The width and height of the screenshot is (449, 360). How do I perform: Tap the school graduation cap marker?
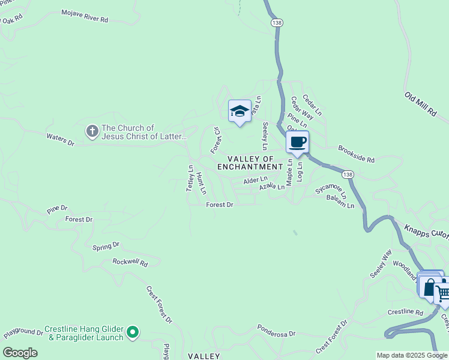point(240,111)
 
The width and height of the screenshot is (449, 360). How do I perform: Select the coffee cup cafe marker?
point(297,143)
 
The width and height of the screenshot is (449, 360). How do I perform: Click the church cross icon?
point(92,131)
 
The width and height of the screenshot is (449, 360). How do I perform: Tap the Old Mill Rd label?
point(420,104)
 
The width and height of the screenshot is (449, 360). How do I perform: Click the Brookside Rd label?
point(356,154)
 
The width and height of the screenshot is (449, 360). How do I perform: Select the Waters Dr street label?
point(60,140)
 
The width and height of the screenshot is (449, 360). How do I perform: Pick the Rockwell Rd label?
point(130,262)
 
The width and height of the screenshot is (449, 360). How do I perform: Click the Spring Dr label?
point(106,245)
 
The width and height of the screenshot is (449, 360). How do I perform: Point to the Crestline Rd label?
point(405,312)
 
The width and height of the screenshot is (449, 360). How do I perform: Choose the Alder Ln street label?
point(255,180)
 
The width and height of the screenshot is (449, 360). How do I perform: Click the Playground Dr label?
point(23,332)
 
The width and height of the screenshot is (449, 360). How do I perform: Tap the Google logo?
point(20,353)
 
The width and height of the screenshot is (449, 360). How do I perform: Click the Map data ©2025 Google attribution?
point(412,355)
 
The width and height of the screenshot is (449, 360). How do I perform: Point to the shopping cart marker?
point(442,293)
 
